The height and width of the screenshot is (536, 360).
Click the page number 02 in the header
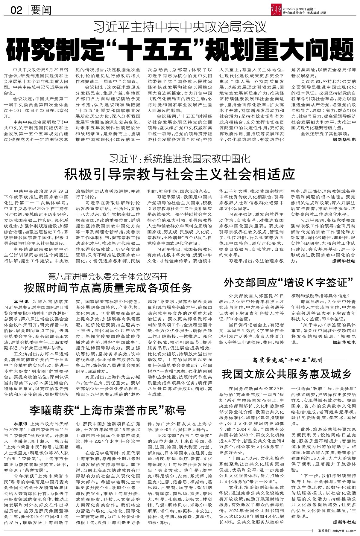[x=16, y=11]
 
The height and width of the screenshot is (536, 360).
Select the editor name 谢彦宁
[x=300, y=13]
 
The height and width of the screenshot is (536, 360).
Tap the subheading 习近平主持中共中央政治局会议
[x=180, y=27]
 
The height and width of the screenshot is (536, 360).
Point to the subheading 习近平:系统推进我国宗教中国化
[x=180, y=158]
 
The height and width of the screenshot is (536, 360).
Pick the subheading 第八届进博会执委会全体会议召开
[x=108, y=275]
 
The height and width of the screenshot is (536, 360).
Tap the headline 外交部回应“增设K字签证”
[x=289, y=281]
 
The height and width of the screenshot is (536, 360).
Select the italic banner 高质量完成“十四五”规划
[x=287, y=360]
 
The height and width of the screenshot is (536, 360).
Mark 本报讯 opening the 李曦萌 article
[x=22, y=424]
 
